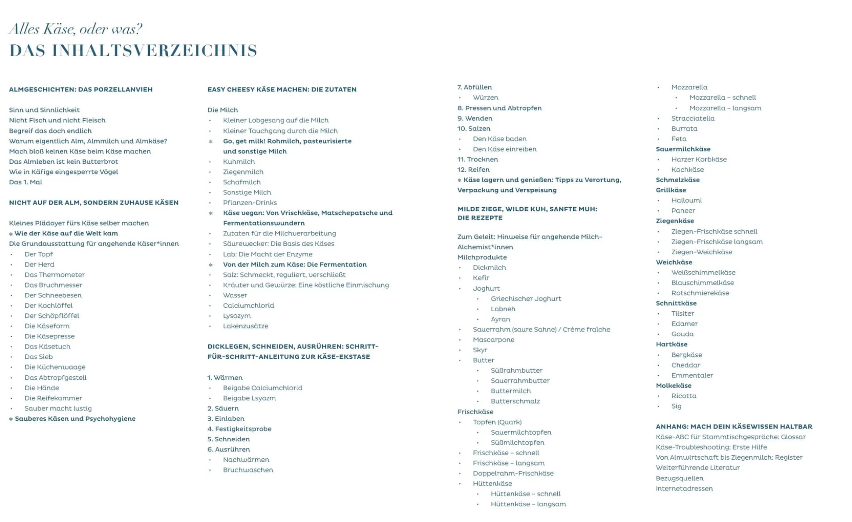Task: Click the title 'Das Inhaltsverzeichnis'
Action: coord(133,50)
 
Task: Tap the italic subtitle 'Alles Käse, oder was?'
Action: coord(76,29)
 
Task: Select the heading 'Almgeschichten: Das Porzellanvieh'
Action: coord(81,90)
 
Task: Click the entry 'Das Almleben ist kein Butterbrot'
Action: coord(64,162)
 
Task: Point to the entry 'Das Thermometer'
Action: coord(54,275)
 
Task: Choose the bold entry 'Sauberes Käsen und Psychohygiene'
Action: coord(75,419)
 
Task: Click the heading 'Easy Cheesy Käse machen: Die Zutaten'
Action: coord(282,90)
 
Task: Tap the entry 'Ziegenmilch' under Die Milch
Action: coord(243,172)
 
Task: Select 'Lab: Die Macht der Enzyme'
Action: coord(267,254)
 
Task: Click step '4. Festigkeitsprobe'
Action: coord(239,429)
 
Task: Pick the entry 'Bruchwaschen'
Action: coord(248,470)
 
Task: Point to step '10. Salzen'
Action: coord(474,129)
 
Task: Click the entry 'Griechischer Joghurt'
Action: coord(526,299)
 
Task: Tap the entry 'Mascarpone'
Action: coord(493,340)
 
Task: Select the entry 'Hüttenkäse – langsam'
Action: coord(528,504)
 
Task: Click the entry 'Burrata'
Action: coord(684,129)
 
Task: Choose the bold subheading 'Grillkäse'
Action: coord(671,190)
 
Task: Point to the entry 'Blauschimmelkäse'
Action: coord(702,283)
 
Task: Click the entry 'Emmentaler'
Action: coord(692,375)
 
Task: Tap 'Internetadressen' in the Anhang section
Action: coord(684,489)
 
